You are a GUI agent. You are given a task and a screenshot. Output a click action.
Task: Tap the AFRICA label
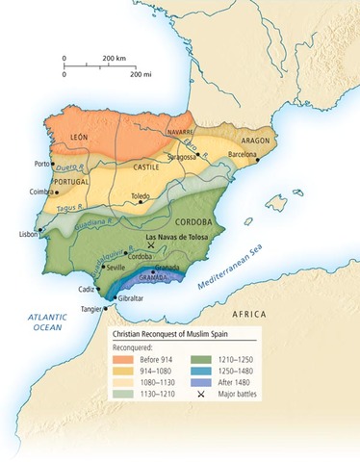pos(255,315)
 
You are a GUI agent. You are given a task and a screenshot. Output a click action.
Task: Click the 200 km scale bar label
pos(116,58)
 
